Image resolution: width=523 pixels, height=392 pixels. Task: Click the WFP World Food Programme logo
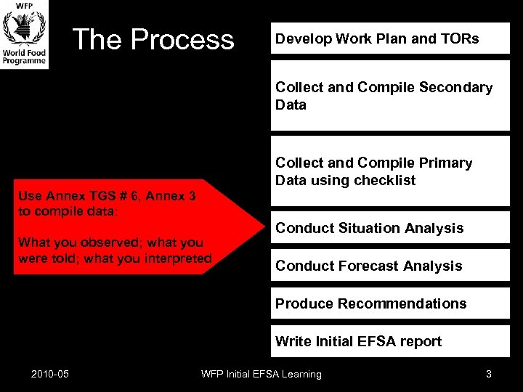pos(25,34)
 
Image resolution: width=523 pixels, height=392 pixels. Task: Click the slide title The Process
pos(153,39)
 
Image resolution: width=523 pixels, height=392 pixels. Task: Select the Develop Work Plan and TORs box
pos(390,38)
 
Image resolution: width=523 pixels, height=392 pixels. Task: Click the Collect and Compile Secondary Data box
pos(390,96)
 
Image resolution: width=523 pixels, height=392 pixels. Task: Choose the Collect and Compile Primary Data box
pos(390,172)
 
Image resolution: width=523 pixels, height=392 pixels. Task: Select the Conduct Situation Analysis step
pos(390,228)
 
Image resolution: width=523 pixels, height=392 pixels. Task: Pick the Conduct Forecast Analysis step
pos(390,266)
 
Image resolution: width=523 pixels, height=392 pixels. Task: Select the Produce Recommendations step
pos(390,303)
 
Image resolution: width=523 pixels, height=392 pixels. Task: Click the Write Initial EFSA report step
pos(390,341)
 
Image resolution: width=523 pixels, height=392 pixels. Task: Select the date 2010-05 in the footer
pos(50,374)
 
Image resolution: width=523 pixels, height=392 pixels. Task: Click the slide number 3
pos(488,374)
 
